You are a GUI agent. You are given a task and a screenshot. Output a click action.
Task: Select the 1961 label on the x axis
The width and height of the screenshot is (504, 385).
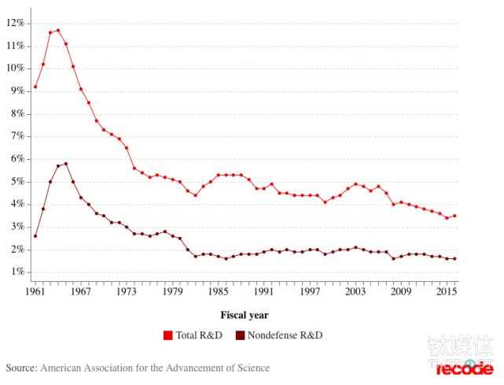click(x=35, y=291)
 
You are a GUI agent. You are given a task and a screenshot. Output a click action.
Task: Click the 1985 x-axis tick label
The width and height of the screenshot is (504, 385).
click(x=218, y=291)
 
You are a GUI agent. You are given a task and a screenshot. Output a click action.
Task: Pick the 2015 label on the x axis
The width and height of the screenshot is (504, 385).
click(x=447, y=291)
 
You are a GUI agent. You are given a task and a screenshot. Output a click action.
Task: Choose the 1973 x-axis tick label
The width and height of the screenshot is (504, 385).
click(x=127, y=291)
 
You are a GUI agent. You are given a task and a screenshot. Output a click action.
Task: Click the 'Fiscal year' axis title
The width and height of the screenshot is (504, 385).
click(x=245, y=315)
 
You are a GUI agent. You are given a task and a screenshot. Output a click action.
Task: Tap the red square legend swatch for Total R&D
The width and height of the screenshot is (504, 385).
click(x=167, y=335)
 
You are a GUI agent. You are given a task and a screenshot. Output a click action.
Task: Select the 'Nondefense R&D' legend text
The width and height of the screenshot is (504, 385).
click(x=285, y=335)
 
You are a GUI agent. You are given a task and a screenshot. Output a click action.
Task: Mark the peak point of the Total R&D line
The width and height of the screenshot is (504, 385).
click(x=58, y=30)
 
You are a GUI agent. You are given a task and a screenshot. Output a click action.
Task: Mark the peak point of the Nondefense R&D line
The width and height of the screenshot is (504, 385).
click(x=66, y=164)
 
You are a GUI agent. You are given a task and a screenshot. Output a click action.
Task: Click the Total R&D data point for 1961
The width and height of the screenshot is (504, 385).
click(x=35, y=87)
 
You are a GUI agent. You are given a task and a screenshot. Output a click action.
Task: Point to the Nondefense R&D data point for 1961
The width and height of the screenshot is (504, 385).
click(x=35, y=236)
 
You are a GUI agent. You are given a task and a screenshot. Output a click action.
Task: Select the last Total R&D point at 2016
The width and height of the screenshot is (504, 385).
click(x=454, y=216)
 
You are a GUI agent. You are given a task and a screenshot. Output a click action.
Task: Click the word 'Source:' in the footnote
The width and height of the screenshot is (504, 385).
click(x=21, y=368)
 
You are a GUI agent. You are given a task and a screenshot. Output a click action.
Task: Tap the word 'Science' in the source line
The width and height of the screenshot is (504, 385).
click(x=252, y=368)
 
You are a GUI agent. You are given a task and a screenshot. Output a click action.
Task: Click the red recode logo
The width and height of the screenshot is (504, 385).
click(x=465, y=368)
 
